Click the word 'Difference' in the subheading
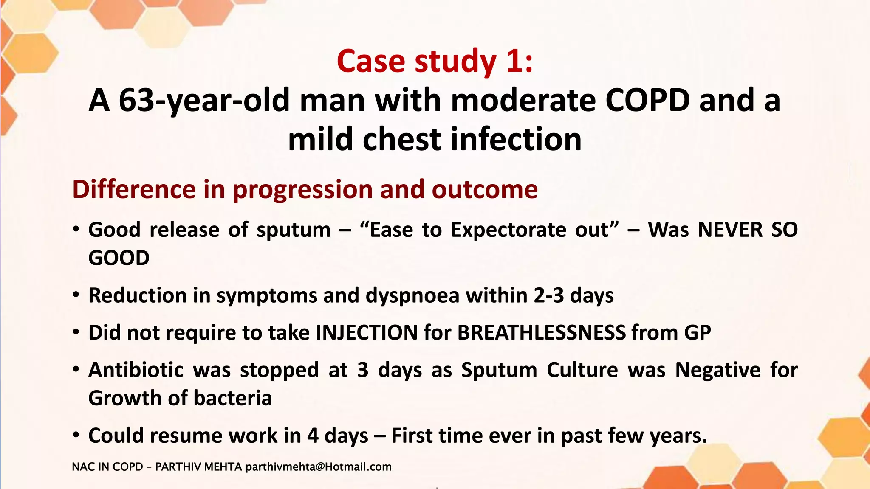coord(134,189)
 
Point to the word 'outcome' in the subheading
coord(485,189)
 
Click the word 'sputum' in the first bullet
coord(294,230)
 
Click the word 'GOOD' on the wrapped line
coord(119,258)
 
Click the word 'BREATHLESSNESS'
coord(541,332)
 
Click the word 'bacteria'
coord(232,399)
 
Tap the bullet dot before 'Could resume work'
coord(76,435)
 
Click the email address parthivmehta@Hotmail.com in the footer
coord(318,467)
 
